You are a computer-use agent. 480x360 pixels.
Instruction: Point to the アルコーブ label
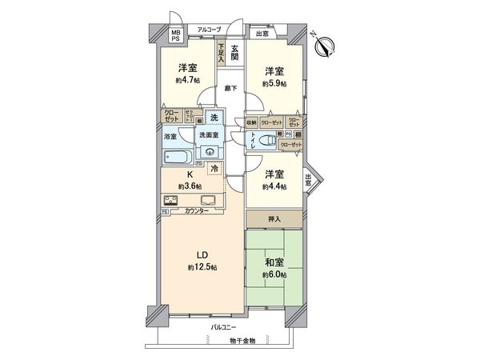[210, 30]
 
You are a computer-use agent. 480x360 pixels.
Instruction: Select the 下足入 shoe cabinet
[219, 55]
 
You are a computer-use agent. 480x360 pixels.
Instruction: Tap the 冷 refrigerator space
[215, 169]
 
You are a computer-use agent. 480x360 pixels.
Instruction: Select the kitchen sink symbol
[206, 200]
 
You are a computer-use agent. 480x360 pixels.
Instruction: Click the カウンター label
[196, 211]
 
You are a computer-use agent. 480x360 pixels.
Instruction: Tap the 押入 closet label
[274, 218]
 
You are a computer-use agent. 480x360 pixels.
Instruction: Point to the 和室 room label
[274, 262]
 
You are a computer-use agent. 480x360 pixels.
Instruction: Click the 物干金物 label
[240, 342]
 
